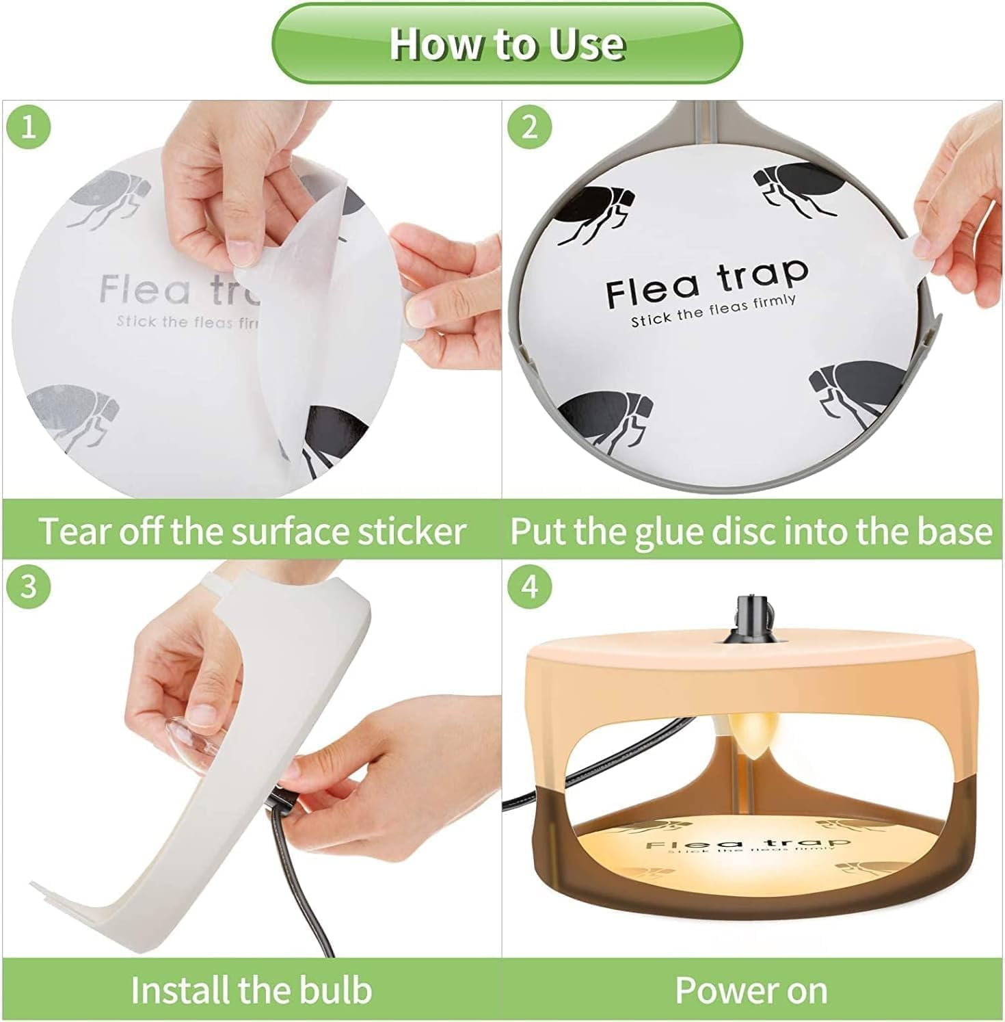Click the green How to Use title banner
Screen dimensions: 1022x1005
(x=507, y=44)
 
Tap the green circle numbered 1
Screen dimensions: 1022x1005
(x=28, y=127)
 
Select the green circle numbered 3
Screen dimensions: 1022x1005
(x=28, y=587)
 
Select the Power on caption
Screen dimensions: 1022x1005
(x=751, y=990)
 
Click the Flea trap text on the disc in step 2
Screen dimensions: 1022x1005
(x=707, y=283)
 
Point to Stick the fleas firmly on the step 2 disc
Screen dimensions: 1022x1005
(x=713, y=310)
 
